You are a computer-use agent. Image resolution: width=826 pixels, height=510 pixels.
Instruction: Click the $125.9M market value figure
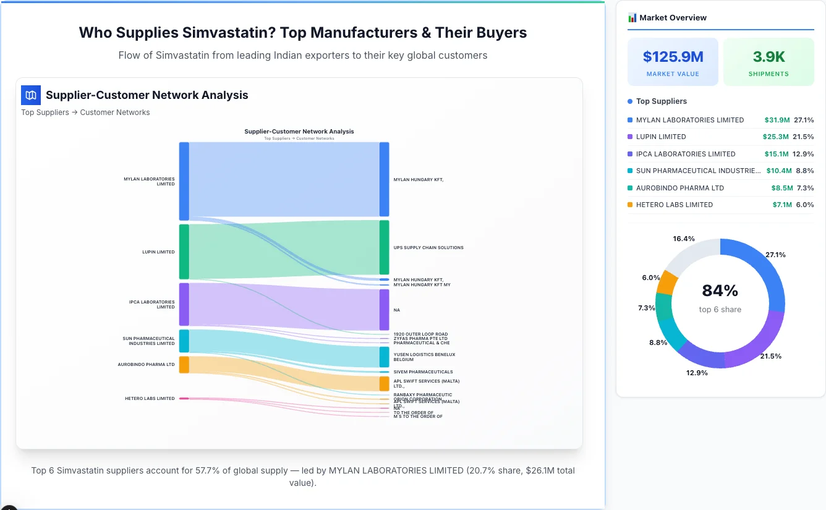pyautogui.click(x=673, y=57)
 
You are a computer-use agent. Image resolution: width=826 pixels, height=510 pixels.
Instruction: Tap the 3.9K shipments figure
pyautogui.click(x=769, y=57)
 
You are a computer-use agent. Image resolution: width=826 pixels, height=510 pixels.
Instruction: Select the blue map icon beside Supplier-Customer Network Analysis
pyautogui.click(x=31, y=95)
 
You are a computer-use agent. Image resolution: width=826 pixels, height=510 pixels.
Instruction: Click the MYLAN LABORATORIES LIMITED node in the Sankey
pyautogui.click(x=184, y=181)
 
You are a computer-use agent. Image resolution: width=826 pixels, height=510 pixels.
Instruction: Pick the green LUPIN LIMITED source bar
pyautogui.click(x=184, y=252)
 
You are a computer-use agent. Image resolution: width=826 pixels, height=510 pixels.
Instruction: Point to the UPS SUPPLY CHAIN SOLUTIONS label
pyautogui.click(x=428, y=248)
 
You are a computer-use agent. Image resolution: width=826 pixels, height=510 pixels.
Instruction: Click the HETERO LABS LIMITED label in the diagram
pyautogui.click(x=150, y=399)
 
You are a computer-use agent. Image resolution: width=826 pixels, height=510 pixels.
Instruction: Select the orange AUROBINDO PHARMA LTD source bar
pyautogui.click(x=184, y=365)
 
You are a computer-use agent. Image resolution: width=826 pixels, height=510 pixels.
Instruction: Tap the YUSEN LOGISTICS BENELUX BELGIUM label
pyautogui.click(x=424, y=357)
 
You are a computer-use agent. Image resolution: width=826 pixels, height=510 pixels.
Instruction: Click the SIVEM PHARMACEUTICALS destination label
pyautogui.click(x=423, y=372)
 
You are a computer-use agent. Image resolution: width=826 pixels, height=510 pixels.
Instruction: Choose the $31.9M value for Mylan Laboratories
pyautogui.click(x=777, y=120)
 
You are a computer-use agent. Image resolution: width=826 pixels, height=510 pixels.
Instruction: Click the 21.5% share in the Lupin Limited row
pyautogui.click(x=804, y=137)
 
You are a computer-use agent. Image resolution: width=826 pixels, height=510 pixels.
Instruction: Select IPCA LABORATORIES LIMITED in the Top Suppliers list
pyautogui.click(x=685, y=154)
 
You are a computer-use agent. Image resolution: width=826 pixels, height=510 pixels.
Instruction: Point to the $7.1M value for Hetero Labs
pyautogui.click(x=781, y=205)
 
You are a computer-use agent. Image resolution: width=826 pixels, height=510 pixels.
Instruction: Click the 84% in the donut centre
pyautogui.click(x=720, y=291)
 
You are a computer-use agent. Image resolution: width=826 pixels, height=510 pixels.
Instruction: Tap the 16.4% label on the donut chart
pyautogui.click(x=684, y=239)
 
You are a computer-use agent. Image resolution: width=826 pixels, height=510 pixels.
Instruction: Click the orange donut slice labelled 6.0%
pyautogui.click(x=668, y=283)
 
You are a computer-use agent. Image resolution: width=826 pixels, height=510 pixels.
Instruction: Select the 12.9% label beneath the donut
pyautogui.click(x=697, y=373)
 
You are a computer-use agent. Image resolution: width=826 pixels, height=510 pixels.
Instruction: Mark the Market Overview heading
pyautogui.click(x=673, y=18)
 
